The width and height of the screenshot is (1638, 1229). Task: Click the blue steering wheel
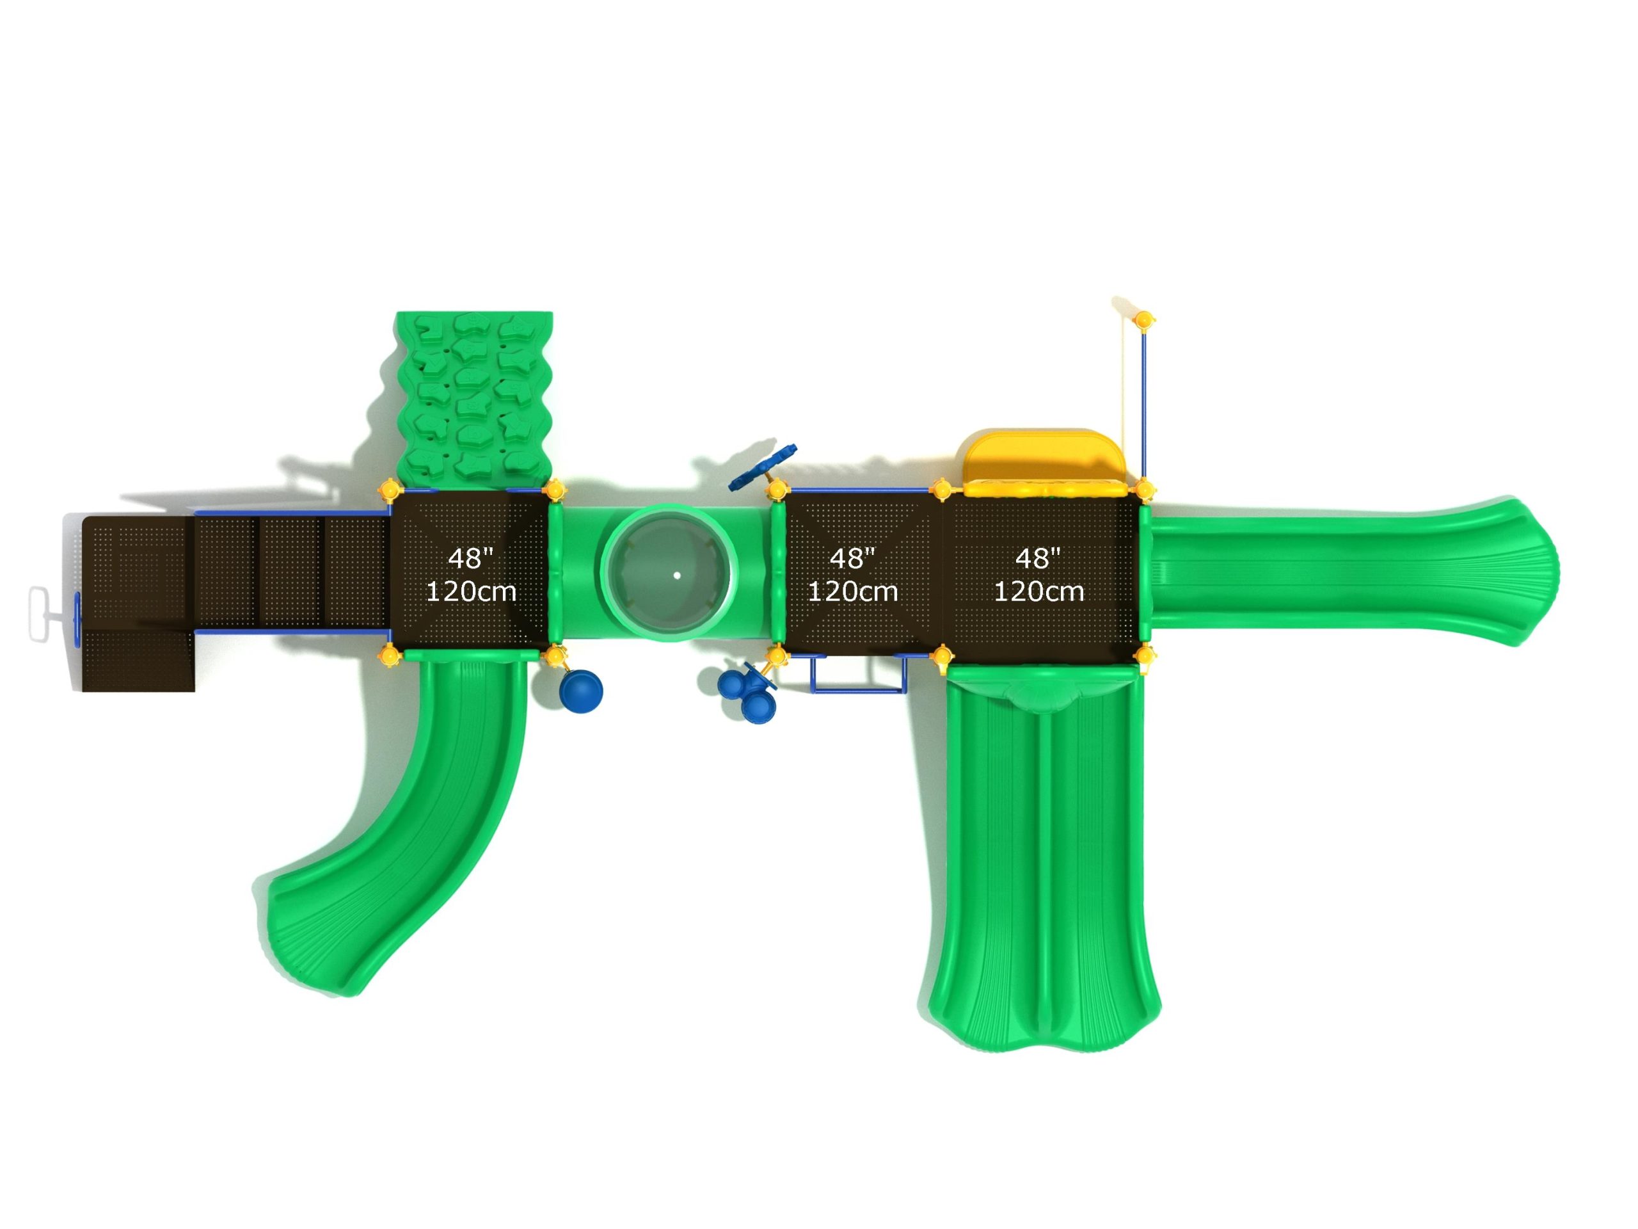(x=763, y=467)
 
